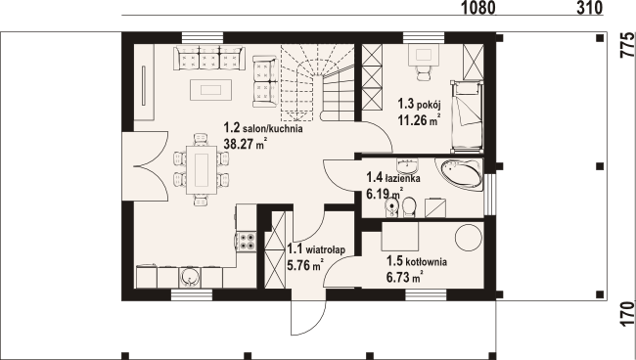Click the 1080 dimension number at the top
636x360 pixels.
(x=477, y=8)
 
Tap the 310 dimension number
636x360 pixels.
(x=589, y=8)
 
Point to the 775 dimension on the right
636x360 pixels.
(x=627, y=45)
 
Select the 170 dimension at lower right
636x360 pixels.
(x=627, y=313)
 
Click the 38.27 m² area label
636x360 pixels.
(x=245, y=144)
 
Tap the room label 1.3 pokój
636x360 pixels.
(x=419, y=104)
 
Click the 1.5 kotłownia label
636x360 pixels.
(x=417, y=261)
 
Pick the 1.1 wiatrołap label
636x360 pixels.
(x=316, y=248)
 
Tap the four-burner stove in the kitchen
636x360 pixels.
(x=247, y=241)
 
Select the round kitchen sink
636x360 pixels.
(x=189, y=277)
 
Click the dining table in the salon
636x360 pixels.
(x=202, y=170)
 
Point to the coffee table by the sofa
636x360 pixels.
(x=211, y=90)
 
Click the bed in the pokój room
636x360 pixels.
(x=467, y=116)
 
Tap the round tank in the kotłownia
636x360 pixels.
(x=469, y=238)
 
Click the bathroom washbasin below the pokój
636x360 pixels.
(x=406, y=165)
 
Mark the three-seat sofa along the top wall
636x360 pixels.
(x=209, y=58)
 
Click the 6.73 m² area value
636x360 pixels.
(x=405, y=277)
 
